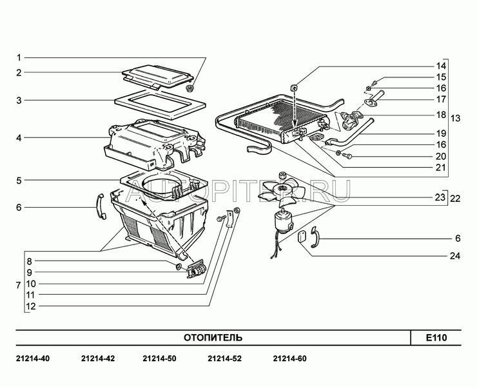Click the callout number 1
[x=19, y=57]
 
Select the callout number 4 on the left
[x=19, y=137]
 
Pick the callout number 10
[x=31, y=283]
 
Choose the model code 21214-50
[x=157, y=359]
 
